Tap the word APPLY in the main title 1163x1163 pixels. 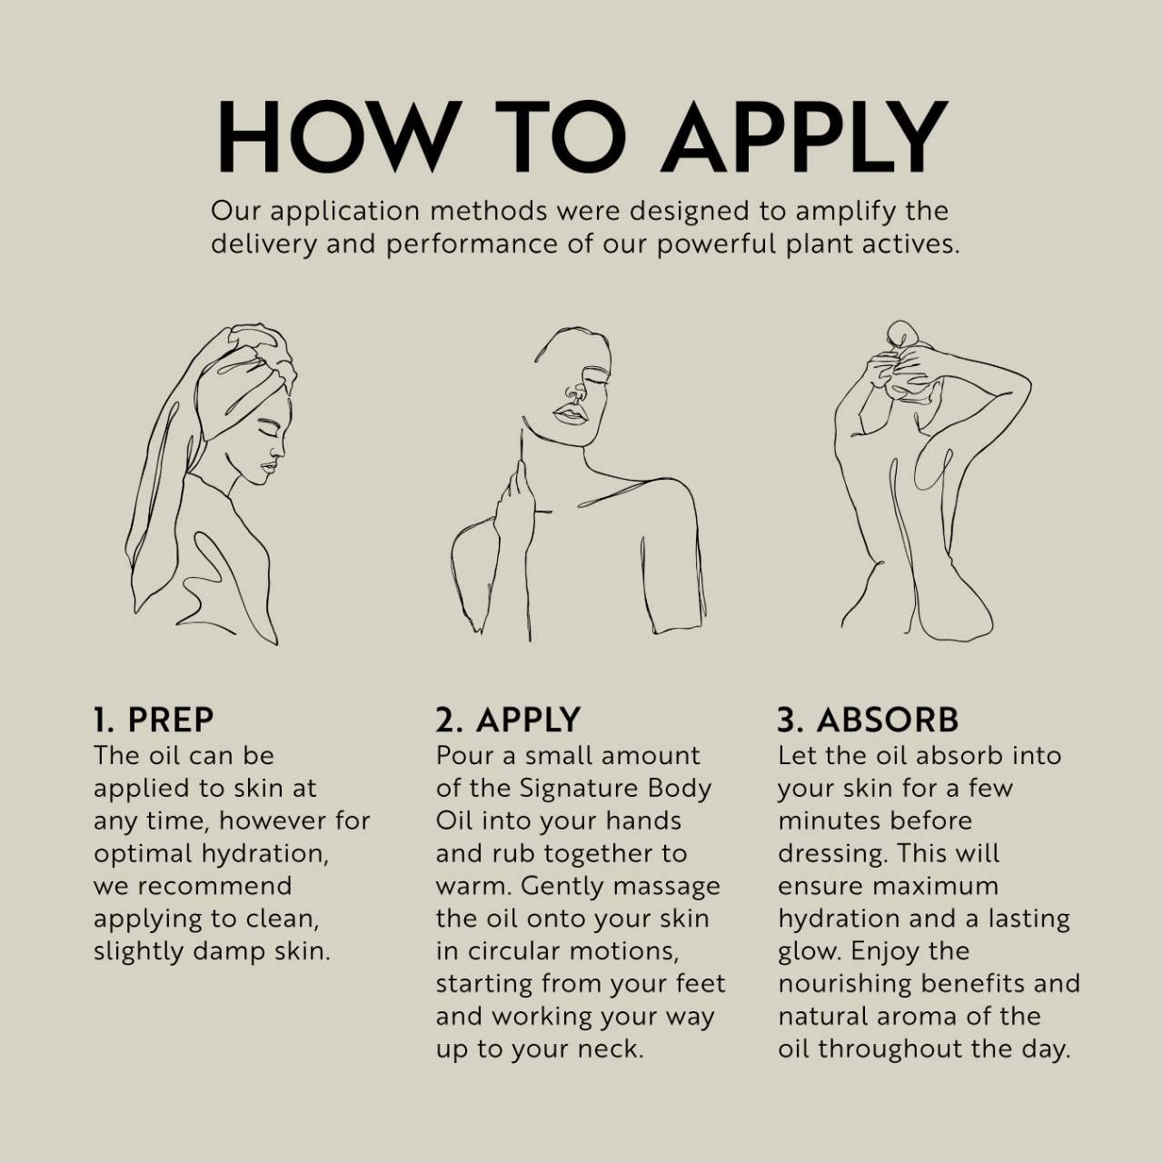pos(803,136)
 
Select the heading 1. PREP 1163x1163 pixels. pos(154,720)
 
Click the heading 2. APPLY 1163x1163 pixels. pos(508,720)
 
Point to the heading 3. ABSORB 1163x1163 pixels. pos(868,720)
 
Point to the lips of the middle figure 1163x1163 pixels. pos(571,415)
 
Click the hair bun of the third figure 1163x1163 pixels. pos(900,333)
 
